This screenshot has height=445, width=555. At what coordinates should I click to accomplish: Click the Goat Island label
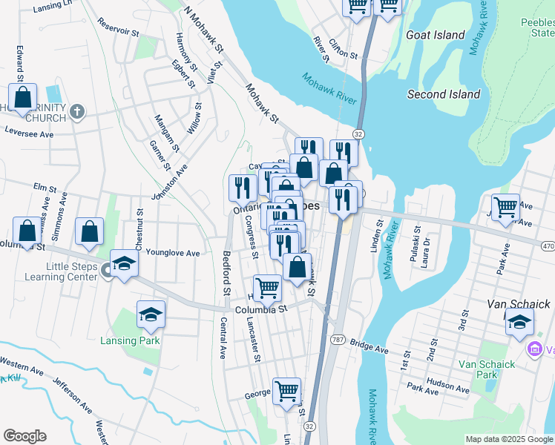click(x=436, y=35)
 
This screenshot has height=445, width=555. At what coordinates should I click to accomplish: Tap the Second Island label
click(x=444, y=94)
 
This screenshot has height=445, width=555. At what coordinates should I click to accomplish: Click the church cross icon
click(x=77, y=112)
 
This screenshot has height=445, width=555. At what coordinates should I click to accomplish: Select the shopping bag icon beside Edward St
click(x=23, y=97)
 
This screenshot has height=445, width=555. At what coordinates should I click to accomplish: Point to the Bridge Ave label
click(x=369, y=347)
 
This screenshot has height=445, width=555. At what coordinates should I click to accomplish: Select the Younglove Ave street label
click(x=173, y=253)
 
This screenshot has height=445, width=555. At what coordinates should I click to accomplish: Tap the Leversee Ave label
click(x=29, y=134)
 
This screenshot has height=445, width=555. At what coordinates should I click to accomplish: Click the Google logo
click(x=25, y=435)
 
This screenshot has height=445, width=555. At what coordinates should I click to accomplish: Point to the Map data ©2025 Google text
click(x=508, y=439)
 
